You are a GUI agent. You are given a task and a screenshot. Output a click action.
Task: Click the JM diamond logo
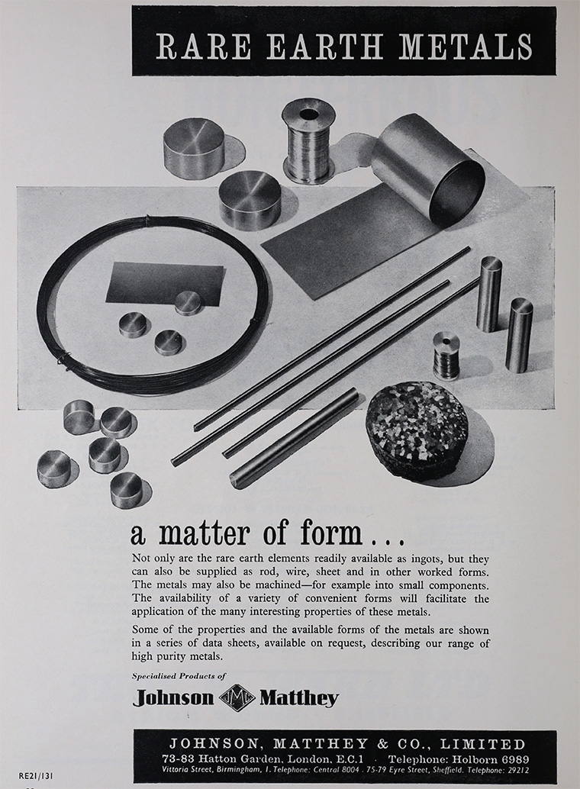point(237,697)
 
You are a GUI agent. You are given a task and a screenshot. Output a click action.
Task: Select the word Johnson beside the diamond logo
point(173,698)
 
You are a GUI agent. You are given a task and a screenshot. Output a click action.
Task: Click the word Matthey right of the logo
point(298,699)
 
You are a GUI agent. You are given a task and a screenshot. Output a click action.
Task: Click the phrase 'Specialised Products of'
point(179,676)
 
